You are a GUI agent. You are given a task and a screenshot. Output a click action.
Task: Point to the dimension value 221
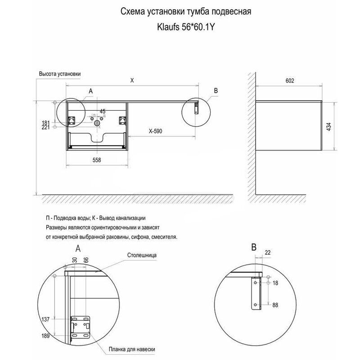pos(45,128)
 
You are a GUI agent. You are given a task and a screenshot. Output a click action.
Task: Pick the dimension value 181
pos(45,122)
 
